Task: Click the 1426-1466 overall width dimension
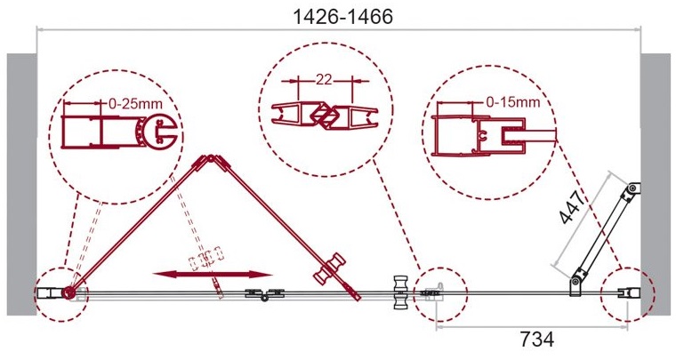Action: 342,17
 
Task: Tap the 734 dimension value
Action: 537,339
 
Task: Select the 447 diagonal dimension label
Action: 572,207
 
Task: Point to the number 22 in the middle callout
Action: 324,80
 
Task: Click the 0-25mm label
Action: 135,104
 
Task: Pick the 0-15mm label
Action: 513,102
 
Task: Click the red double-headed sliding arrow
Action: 213,274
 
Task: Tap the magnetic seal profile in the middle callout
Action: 325,116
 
